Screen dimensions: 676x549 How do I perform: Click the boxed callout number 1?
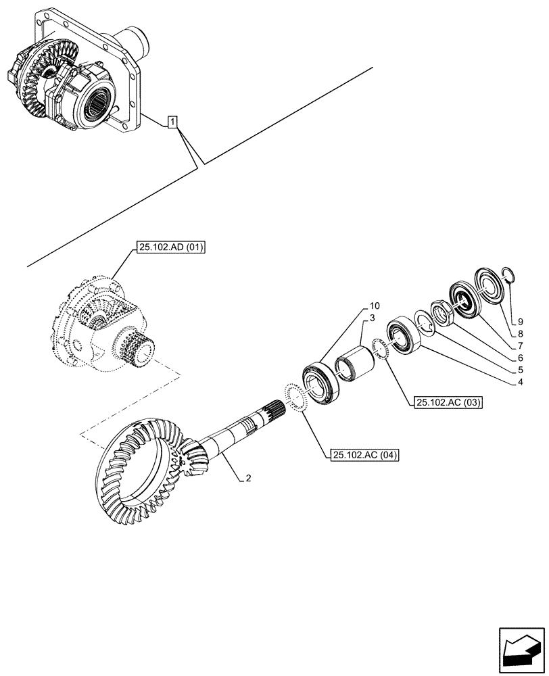point(174,122)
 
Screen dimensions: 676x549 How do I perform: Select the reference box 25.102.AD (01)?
point(170,249)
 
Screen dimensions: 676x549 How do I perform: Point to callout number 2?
point(248,479)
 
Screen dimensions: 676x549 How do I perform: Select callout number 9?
point(519,321)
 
